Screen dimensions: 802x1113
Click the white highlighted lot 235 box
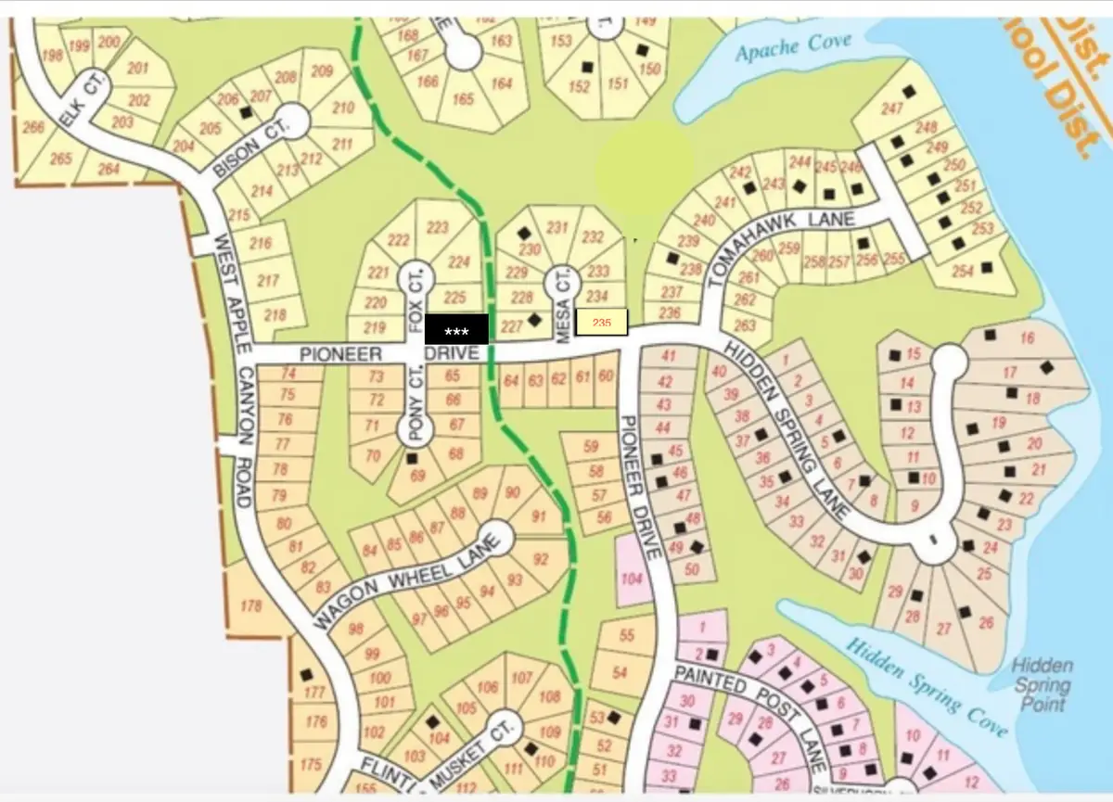pos(602,323)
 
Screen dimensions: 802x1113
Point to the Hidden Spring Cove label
pos(927,687)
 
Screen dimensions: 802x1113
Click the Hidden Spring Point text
pos(1043,685)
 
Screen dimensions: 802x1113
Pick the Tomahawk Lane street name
pos(788,235)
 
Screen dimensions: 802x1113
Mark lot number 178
pos(250,606)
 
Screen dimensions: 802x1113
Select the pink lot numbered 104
pos(633,579)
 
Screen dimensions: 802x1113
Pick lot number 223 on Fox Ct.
pos(437,228)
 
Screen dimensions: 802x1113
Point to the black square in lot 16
pos(991,335)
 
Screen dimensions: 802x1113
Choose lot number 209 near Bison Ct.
pos(321,71)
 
